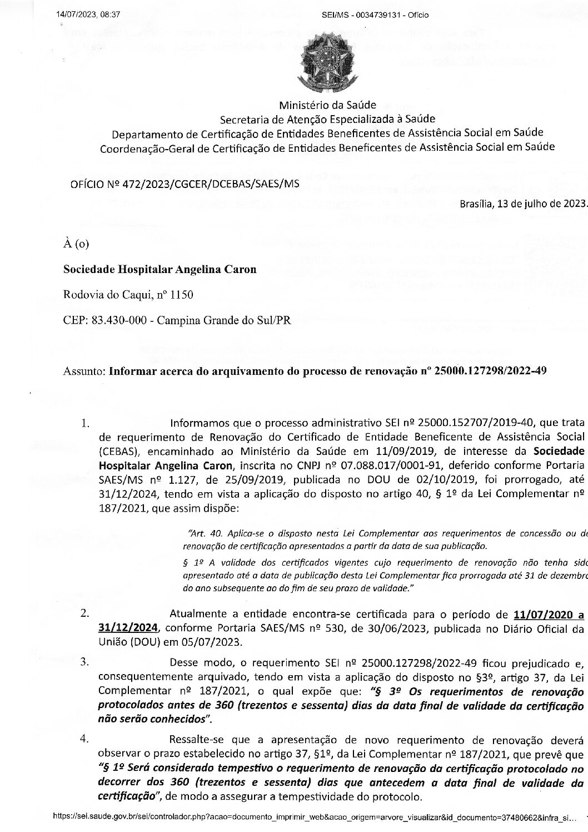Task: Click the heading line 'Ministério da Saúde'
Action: [327, 105]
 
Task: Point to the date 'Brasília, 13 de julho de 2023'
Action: [523, 203]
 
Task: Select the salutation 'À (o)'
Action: [76, 244]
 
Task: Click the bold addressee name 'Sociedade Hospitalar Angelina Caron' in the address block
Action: [160, 270]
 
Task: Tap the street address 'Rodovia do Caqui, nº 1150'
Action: [128, 295]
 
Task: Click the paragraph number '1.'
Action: [85, 423]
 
